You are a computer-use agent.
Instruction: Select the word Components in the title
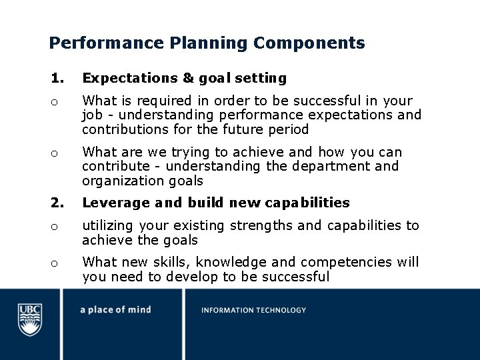tap(309, 43)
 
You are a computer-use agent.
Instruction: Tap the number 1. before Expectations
tap(57, 78)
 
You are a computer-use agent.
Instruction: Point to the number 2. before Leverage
tap(57, 202)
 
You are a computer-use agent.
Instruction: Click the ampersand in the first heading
tap(189, 78)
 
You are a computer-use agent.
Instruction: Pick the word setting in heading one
tap(260, 78)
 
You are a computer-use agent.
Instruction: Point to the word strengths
tap(261, 225)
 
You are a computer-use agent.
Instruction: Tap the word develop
tap(201, 277)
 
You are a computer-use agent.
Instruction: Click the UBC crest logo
tap(30, 319)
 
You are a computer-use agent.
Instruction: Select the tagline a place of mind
tap(115, 310)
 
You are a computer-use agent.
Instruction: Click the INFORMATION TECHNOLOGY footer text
tap(254, 310)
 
